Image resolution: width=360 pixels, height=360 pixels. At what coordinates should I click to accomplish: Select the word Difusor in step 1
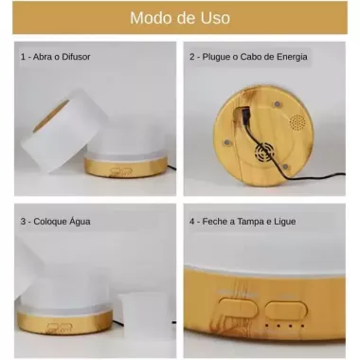pyautogui.click(x=76, y=57)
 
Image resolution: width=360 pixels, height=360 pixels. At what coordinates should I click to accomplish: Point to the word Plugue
pyautogui.click(x=216, y=57)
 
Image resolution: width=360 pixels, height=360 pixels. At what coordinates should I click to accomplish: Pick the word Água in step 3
pyautogui.click(x=79, y=221)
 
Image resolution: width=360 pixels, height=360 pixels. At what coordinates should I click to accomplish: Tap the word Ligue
pyautogui.click(x=284, y=222)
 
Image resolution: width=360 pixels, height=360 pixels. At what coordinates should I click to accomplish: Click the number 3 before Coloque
pyautogui.click(x=23, y=222)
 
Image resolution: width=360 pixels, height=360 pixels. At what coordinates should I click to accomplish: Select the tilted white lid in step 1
pyautogui.click(x=64, y=130)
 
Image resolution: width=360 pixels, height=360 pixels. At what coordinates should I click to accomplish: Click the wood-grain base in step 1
pyautogui.click(x=126, y=167)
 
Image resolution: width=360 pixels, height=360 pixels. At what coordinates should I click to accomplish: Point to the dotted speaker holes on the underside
pyautogui.click(x=297, y=122)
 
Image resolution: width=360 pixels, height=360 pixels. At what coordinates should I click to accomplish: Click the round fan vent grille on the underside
pyautogui.click(x=264, y=153)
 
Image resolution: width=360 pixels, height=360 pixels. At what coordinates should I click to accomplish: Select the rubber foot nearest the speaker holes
pyautogui.click(x=277, y=104)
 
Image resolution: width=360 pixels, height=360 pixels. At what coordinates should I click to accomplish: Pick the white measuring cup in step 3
pyautogui.click(x=144, y=315)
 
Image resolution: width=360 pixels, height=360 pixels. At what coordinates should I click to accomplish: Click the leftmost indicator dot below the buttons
pyautogui.click(x=267, y=325)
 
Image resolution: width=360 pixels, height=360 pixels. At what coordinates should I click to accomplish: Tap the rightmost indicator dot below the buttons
pyautogui.click(x=302, y=326)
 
